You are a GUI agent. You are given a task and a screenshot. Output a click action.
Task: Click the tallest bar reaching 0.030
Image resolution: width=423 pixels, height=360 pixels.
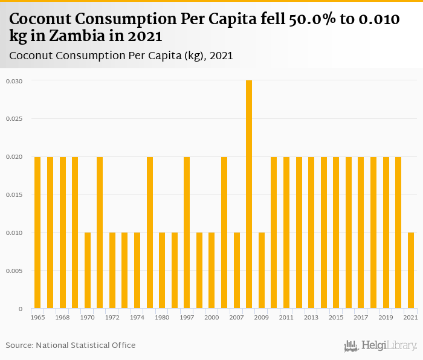point(249,193)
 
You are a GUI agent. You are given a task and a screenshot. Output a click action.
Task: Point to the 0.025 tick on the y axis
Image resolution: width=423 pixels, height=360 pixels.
point(14,118)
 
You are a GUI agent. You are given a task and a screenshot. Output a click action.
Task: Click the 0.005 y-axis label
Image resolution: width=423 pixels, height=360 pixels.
point(14,271)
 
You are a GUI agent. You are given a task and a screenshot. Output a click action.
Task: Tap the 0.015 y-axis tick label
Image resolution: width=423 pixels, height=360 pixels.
point(14,194)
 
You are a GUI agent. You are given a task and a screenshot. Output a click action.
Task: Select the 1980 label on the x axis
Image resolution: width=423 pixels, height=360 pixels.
point(162,317)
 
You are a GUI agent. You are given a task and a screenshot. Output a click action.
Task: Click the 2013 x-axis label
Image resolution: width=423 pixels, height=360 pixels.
point(311,317)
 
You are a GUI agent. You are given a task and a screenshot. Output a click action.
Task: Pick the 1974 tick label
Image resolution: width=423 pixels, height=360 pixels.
point(137,317)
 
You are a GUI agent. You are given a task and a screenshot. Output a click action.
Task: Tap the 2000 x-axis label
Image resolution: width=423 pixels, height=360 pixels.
point(211,317)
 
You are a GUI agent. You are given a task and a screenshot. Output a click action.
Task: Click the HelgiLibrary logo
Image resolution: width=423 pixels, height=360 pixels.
point(381,346)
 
